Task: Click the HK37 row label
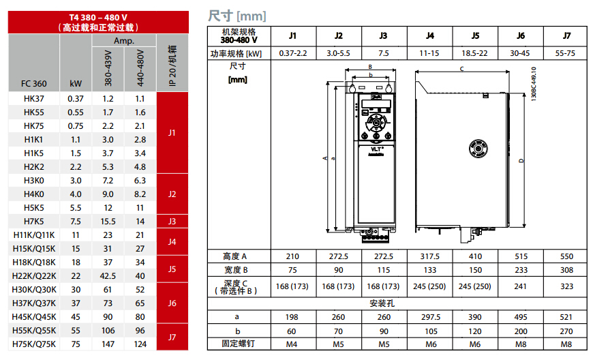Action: (x=34, y=98)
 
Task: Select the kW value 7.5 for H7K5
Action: (x=76, y=221)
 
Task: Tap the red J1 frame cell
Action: (x=172, y=132)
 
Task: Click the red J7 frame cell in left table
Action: (x=172, y=337)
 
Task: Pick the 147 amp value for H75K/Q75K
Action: (x=108, y=344)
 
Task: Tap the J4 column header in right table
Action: (x=430, y=35)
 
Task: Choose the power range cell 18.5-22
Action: (x=475, y=52)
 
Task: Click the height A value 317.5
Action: (x=430, y=256)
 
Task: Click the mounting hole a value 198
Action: (x=292, y=317)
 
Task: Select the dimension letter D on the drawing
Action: (x=521, y=161)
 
